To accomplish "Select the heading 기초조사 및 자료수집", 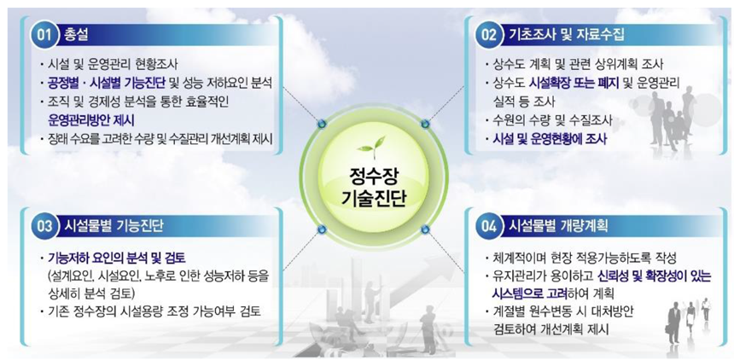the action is tap(567, 35).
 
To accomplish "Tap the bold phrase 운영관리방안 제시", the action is tap(90, 120).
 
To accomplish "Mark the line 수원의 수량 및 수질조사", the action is tap(549, 120).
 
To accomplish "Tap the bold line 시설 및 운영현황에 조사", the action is tap(546, 140).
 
